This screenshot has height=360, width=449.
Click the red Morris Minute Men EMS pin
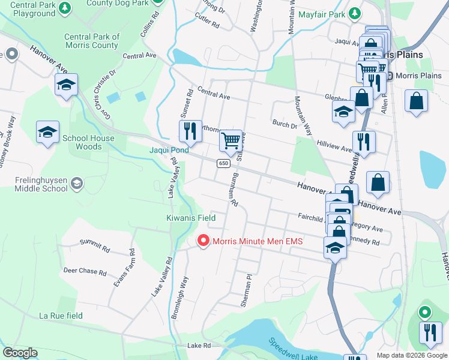[x=203, y=241]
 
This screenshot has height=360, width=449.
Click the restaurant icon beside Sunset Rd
[x=190, y=130]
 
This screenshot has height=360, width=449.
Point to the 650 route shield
[x=223, y=163]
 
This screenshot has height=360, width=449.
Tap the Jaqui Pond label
[x=169, y=150]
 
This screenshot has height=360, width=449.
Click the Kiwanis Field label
[x=190, y=218]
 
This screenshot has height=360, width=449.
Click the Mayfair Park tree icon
[x=355, y=13]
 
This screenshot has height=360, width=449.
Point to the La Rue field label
[x=61, y=316]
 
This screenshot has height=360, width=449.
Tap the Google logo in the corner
[x=20, y=353]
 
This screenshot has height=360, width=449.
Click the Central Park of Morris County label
[x=92, y=41]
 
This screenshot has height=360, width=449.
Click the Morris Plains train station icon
[x=388, y=76]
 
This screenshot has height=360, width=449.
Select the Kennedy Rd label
[x=364, y=241]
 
